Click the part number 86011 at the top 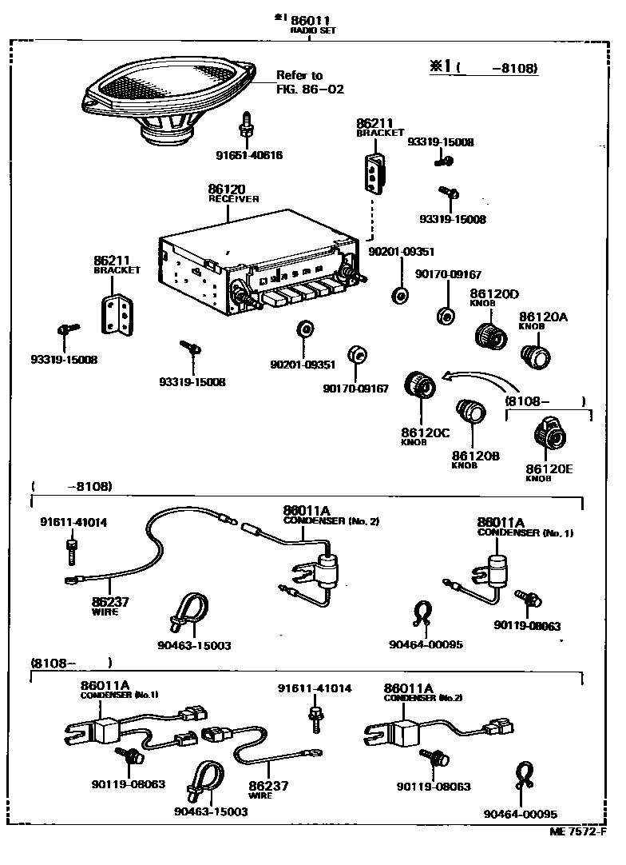(311, 19)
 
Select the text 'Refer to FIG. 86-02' (309, 82)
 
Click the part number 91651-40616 (248, 155)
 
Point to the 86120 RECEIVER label (233, 193)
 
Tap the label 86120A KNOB (542, 321)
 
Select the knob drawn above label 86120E (549, 436)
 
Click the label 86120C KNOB (425, 436)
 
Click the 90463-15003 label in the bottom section (210, 811)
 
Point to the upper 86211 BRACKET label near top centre (379, 127)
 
